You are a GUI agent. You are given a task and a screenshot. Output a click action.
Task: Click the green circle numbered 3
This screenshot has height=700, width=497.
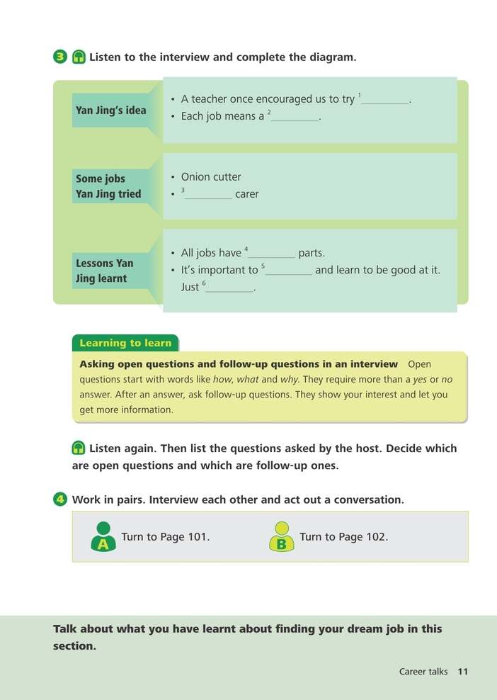(x=60, y=57)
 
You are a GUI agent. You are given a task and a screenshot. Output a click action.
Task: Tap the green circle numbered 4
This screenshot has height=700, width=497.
(x=60, y=499)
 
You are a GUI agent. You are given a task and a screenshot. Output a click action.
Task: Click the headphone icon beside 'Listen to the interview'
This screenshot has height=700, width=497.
(x=79, y=57)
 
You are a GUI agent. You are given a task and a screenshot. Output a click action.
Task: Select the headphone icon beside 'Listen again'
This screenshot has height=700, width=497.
(x=79, y=448)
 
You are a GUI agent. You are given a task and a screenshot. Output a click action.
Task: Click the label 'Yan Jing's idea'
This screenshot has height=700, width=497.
(x=110, y=111)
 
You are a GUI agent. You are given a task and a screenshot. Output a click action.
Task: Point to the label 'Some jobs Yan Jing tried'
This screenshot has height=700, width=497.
(x=108, y=186)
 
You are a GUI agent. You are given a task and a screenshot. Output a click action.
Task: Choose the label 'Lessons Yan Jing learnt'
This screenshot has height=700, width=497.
(x=104, y=271)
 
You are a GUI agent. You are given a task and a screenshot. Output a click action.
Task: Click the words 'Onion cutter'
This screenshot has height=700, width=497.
(x=211, y=177)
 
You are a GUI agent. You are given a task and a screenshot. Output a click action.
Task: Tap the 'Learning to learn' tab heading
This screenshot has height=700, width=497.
(x=125, y=343)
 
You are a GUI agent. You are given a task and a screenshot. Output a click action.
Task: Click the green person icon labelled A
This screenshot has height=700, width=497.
(x=103, y=537)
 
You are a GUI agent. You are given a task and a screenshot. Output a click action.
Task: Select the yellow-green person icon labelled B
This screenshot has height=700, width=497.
(x=281, y=537)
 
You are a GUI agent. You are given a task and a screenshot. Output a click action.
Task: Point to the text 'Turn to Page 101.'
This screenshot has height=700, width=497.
(x=166, y=537)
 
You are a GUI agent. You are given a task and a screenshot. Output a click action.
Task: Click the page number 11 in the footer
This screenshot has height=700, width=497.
(x=463, y=672)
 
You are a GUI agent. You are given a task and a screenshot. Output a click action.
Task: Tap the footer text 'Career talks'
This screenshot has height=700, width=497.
(x=423, y=672)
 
